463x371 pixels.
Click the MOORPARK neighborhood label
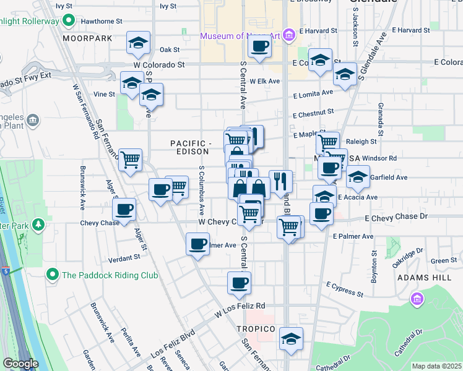(x=87, y=38)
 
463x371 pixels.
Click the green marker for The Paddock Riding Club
(x=53, y=275)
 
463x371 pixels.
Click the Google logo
(x=20, y=364)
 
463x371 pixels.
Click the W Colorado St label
(x=159, y=64)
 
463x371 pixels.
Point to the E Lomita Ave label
(x=313, y=94)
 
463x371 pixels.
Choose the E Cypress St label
(x=344, y=289)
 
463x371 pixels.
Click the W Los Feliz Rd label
(x=240, y=306)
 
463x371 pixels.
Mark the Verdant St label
(x=124, y=257)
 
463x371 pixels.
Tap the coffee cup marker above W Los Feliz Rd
(x=240, y=283)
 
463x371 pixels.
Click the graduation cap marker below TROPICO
(x=291, y=339)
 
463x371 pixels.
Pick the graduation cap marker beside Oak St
(x=138, y=43)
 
